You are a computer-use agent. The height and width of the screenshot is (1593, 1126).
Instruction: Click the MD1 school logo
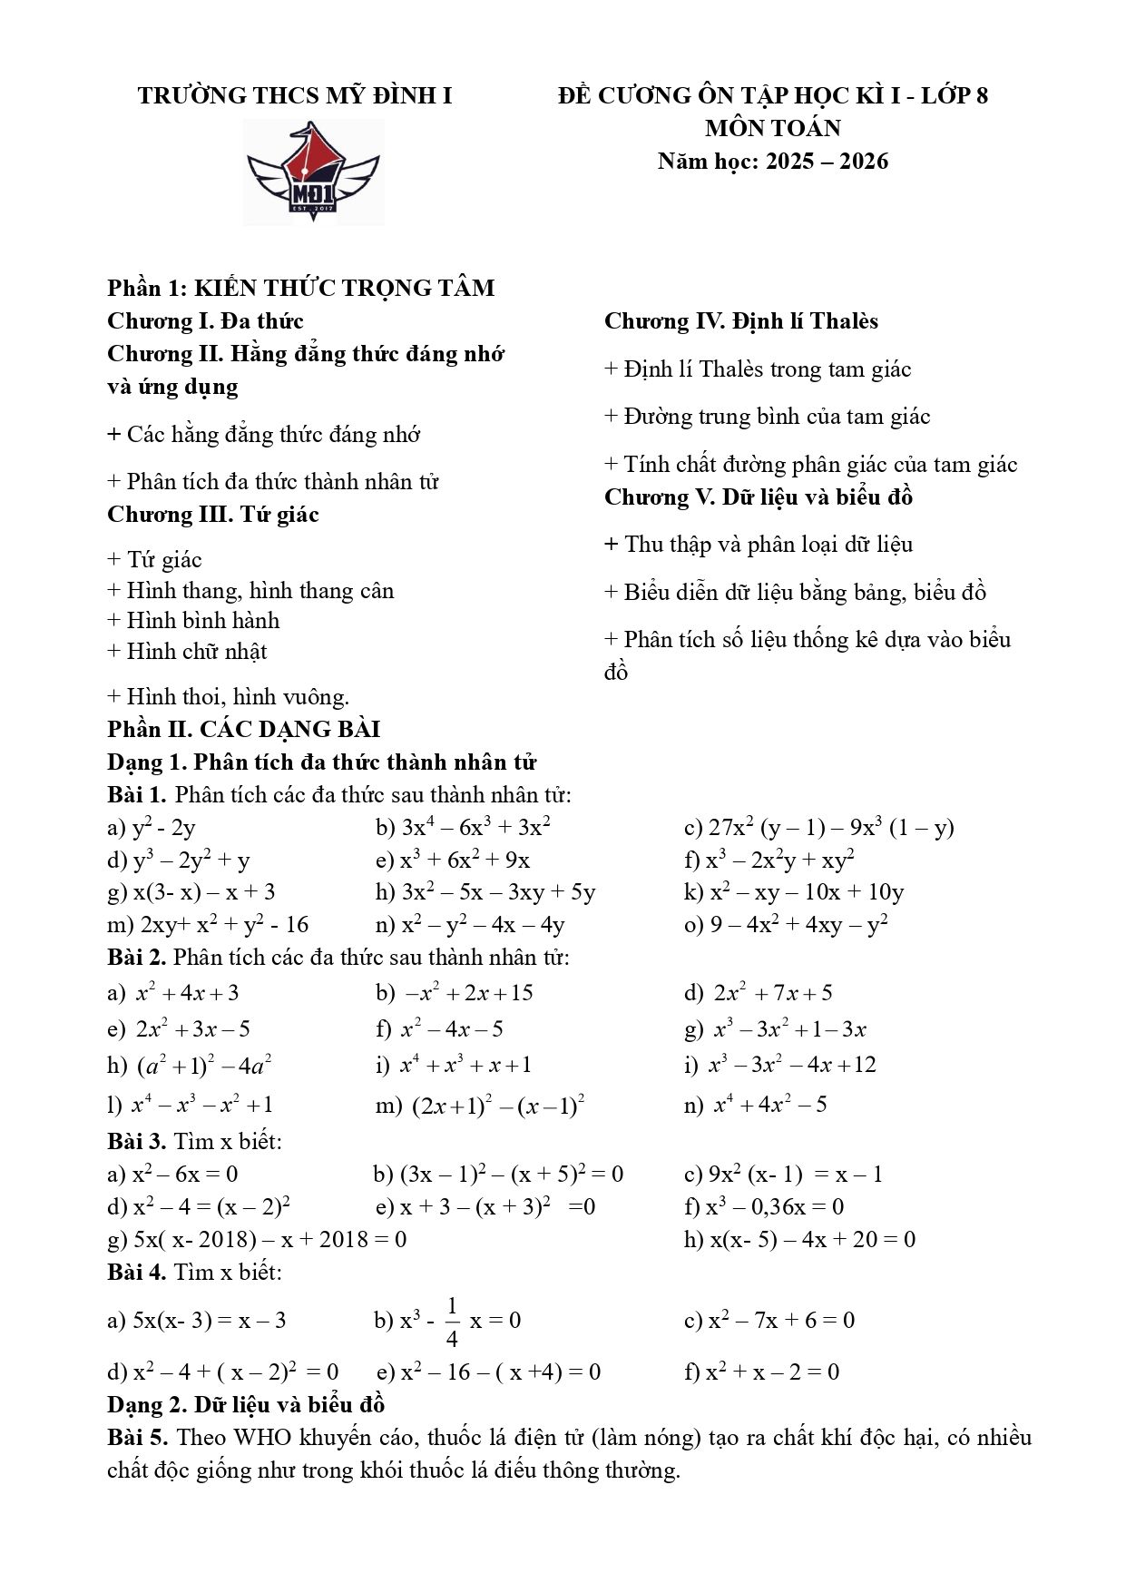pyautogui.click(x=313, y=172)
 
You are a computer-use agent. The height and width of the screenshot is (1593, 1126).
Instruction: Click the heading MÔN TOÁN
pyautogui.click(x=772, y=128)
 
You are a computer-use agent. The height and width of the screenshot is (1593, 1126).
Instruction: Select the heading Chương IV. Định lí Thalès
pyautogui.click(x=740, y=321)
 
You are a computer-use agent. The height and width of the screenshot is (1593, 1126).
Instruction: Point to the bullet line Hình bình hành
pyautogui.click(x=193, y=621)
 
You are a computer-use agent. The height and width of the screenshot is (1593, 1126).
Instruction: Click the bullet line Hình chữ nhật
pyautogui.click(x=187, y=652)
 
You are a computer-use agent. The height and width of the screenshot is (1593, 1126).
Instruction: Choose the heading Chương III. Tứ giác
pyautogui.click(x=213, y=515)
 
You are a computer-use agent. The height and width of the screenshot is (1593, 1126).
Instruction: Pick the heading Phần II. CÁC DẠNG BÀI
pyautogui.click(x=243, y=729)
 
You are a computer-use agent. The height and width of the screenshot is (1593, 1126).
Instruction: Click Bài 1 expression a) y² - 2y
pyautogui.click(x=152, y=828)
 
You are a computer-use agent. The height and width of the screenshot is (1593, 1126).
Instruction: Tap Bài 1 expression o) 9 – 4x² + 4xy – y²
pyautogui.click(x=786, y=925)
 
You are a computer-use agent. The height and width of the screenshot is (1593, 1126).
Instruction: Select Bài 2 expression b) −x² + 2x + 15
pyautogui.click(x=455, y=993)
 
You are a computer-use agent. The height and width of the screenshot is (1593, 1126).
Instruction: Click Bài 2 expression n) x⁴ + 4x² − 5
pyautogui.click(x=756, y=1105)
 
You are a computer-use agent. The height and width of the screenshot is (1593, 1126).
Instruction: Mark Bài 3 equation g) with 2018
pyautogui.click(x=257, y=1240)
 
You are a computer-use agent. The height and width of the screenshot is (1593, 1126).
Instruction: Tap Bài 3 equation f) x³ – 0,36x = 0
pyautogui.click(x=764, y=1207)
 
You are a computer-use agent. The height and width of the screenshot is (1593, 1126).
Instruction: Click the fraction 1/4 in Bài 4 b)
pyautogui.click(x=452, y=1321)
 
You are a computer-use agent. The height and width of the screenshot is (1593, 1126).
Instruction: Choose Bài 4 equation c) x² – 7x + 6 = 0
pyautogui.click(x=769, y=1321)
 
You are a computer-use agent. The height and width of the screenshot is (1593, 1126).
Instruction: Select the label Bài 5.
pyautogui.click(x=137, y=1438)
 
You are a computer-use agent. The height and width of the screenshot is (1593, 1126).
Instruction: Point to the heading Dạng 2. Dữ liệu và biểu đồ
pyautogui.click(x=246, y=1405)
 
